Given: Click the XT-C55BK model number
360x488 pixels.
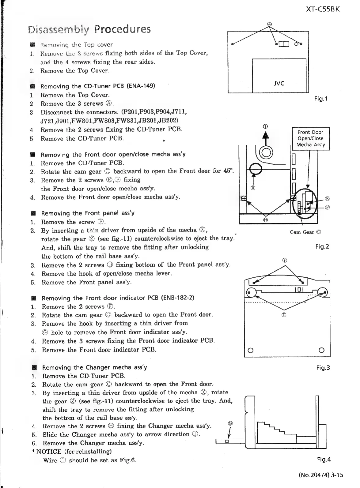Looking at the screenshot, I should coord(323,9).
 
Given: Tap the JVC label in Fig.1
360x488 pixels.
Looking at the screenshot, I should coord(279,83).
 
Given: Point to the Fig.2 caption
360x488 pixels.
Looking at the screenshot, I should coord(322,246).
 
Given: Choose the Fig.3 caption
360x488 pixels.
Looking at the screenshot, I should coord(323,368).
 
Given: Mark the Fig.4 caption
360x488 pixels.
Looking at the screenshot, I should coord(324,459).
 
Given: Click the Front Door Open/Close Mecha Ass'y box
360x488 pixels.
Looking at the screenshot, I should coord(311,138).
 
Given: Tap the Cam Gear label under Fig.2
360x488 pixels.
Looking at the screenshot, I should coord(305,232).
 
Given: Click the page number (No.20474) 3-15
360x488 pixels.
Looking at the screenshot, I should coord(320,475).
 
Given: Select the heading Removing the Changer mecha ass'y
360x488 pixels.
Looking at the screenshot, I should coord(94,367).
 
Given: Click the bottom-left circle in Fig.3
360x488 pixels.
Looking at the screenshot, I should coord(250,351).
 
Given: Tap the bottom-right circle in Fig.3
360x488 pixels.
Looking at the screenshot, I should coord(321,350).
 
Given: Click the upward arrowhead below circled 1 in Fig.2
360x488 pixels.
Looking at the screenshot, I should coord(266,135).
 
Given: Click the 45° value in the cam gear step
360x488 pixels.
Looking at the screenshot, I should coord(228,171).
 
